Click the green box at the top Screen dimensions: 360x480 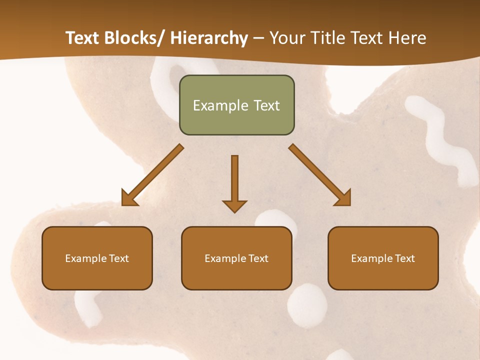(236, 105)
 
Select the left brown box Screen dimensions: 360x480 (97, 258)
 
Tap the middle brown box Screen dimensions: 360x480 (236, 258)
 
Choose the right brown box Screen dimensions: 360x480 (383, 258)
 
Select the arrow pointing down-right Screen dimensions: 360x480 (320, 175)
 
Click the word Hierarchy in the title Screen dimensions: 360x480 (209, 38)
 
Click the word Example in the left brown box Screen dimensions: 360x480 (86, 258)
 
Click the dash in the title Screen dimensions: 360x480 (258, 38)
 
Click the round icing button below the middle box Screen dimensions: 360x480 (307, 305)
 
